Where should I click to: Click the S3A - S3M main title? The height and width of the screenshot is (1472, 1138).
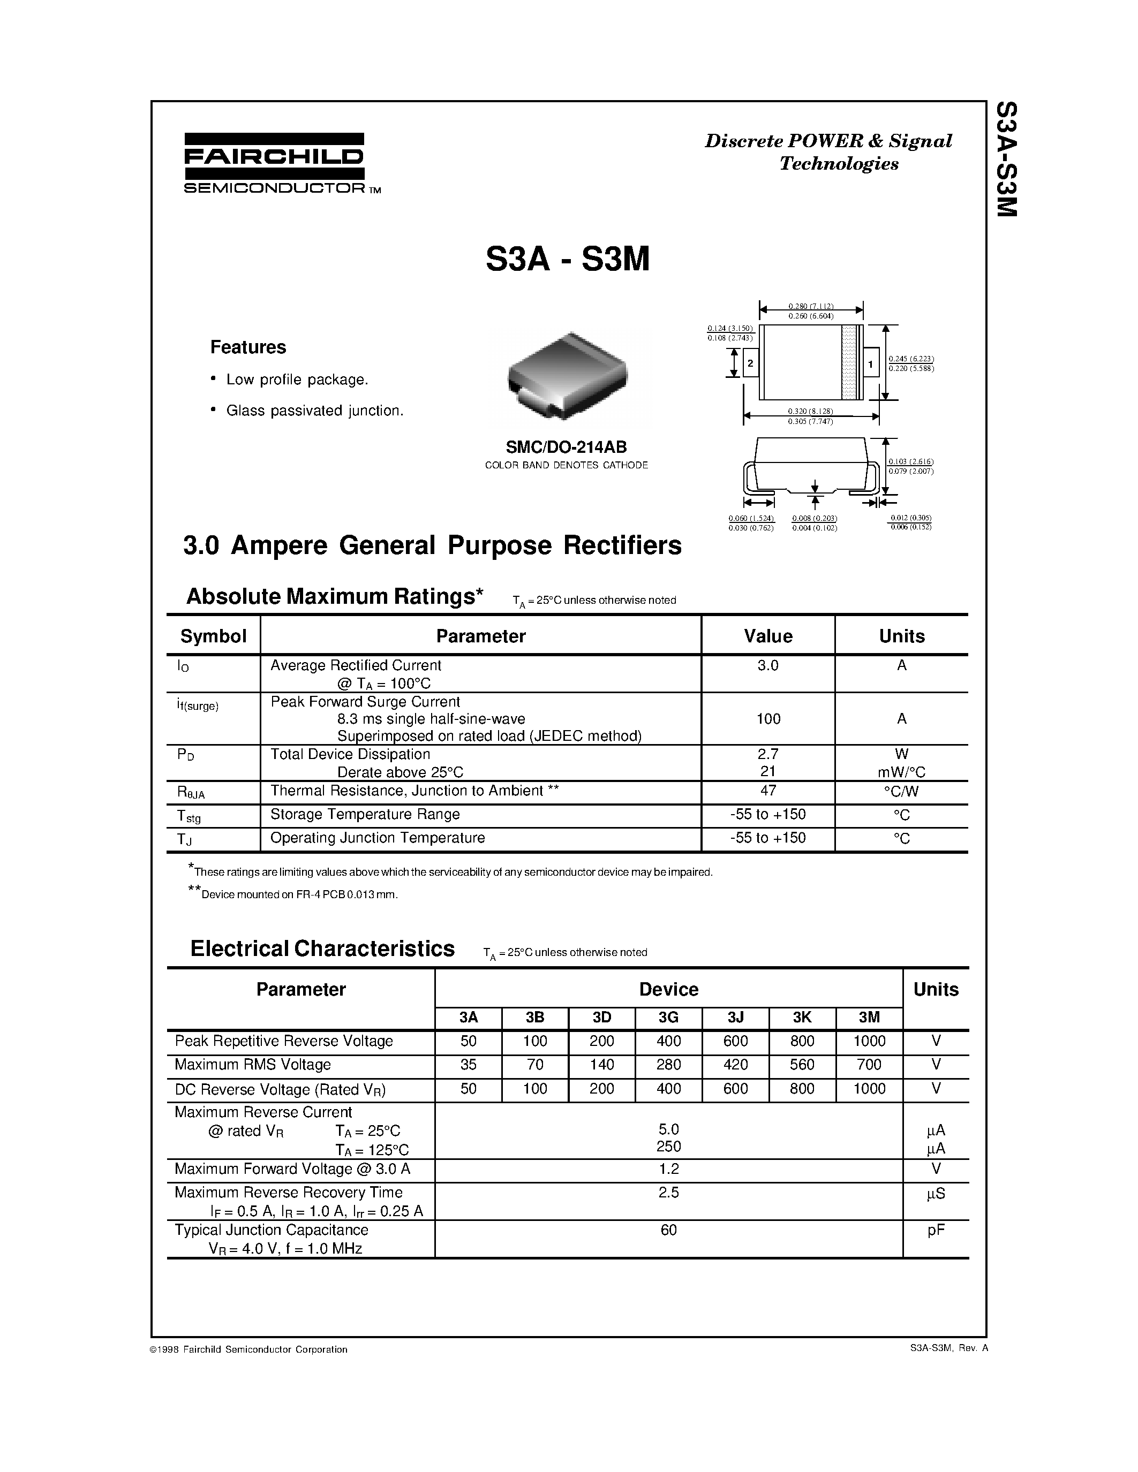[x=568, y=259]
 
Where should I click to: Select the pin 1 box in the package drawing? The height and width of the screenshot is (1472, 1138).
[x=870, y=365]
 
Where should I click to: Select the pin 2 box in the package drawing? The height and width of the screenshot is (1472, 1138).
[x=750, y=364]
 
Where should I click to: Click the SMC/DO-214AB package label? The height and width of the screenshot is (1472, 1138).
[x=566, y=446]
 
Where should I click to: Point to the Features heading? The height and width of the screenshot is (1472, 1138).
[x=248, y=347]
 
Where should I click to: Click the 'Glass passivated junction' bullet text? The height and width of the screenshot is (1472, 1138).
[x=315, y=411]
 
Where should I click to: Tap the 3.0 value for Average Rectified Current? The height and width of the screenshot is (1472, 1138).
[x=768, y=665]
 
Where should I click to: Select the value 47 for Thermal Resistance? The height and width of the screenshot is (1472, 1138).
[x=768, y=791]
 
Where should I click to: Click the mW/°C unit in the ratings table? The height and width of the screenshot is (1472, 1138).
[x=901, y=772]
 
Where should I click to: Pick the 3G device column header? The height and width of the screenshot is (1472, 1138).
[x=668, y=1018]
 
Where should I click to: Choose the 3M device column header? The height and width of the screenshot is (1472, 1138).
[x=869, y=1018]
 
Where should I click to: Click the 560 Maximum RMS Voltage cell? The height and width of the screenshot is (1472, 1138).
[x=802, y=1065]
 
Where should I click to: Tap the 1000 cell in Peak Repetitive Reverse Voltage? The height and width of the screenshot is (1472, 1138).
[x=869, y=1041]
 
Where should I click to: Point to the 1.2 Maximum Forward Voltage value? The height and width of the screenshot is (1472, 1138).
[x=668, y=1169]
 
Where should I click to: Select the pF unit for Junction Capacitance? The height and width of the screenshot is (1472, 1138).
[x=936, y=1230]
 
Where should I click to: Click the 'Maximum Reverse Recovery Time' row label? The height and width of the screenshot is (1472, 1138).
[x=289, y=1192]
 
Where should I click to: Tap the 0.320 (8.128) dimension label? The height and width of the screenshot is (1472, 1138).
[x=810, y=411]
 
